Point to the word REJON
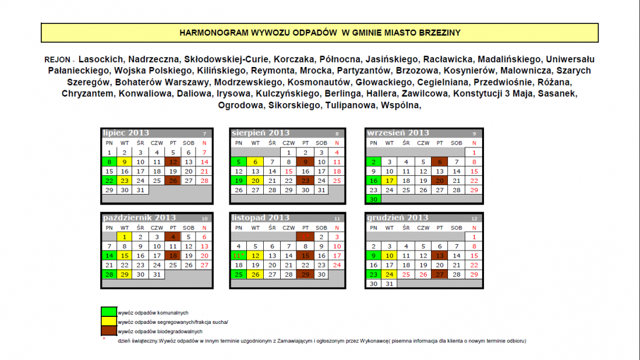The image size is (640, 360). [x=57, y=60]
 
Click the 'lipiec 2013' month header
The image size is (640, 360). [x=126, y=133]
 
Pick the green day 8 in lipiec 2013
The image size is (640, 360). [x=109, y=162]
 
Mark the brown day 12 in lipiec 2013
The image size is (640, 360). [x=172, y=162]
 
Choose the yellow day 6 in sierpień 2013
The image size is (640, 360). [x=255, y=162]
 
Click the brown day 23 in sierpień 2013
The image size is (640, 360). [x=305, y=181]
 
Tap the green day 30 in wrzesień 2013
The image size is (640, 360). [x=373, y=199]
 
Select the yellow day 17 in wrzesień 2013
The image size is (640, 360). [x=390, y=181]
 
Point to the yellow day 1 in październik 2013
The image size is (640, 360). [x=125, y=237]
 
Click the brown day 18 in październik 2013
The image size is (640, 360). [x=172, y=256]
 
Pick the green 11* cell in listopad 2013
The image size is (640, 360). [x=238, y=256]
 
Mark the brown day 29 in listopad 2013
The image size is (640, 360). [x=305, y=274]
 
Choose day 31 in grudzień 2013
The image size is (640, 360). [x=390, y=284]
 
